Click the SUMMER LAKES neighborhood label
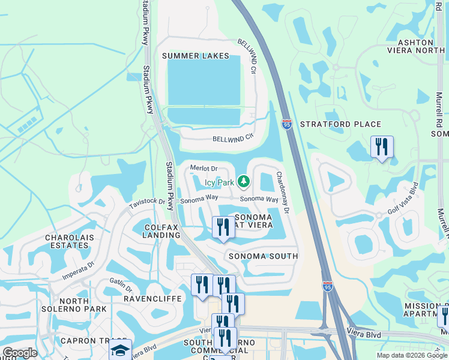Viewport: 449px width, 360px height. (196, 56)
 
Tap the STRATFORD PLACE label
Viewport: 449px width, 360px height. (340, 124)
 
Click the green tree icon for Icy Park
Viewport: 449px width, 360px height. (243, 181)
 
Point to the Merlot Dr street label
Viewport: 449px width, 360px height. (203, 169)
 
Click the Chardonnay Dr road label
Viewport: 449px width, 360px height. (283, 193)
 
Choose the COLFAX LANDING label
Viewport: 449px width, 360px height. (163, 231)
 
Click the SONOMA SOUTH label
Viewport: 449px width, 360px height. (263, 256)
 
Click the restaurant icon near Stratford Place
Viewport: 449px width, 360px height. (382, 147)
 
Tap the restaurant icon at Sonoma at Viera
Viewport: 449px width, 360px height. (223, 227)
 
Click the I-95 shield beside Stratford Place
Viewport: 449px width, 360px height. (288, 124)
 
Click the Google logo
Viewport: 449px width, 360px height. (20, 353)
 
